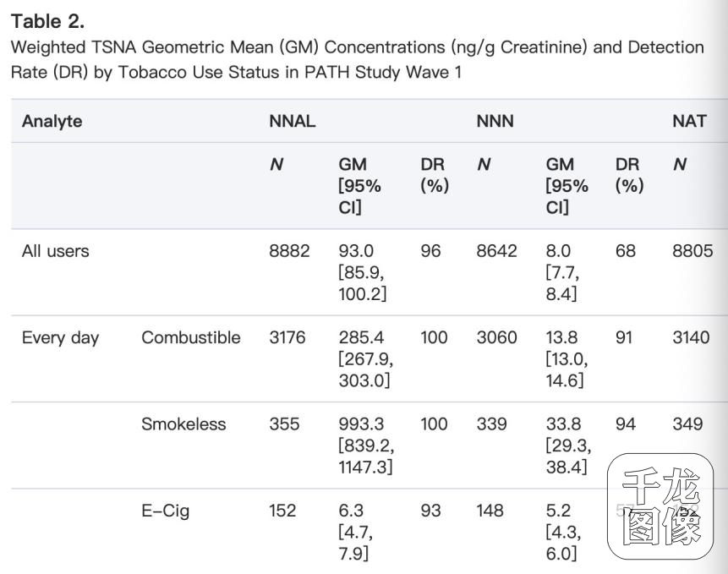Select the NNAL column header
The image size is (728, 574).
[292, 121]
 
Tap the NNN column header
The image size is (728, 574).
[495, 121]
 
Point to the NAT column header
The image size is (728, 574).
[688, 121]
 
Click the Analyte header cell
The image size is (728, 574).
[52, 121]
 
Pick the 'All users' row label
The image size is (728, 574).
[55, 251]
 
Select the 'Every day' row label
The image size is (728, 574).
[60, 338]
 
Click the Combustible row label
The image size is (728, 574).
[190, 338]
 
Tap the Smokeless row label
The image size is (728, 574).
[183, 424]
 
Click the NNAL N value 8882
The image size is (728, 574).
[289, 251]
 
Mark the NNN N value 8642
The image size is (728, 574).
[497, 251]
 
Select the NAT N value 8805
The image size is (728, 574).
[692, 251]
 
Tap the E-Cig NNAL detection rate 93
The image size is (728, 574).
[430, 511]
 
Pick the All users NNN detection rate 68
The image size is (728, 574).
[626, 251]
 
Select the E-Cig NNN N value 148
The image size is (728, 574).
[490, 511]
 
